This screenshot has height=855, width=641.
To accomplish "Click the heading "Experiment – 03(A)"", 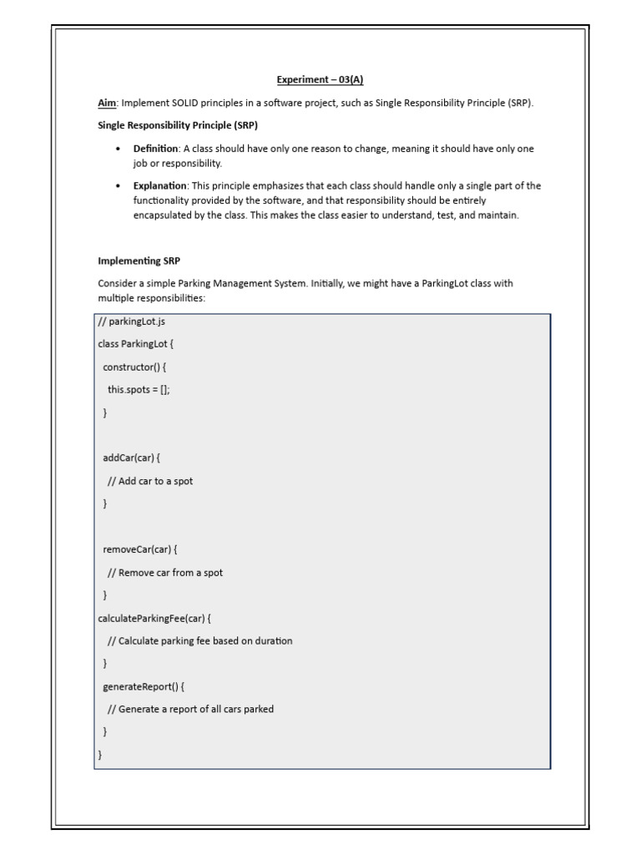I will point(320,80).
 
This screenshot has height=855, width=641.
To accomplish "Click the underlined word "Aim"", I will point(107,103).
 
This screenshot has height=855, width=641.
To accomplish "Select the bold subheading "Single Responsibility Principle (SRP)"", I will point(178,125).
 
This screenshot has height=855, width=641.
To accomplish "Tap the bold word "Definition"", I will point(156,149).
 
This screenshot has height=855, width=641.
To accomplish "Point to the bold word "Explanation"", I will point(160,185).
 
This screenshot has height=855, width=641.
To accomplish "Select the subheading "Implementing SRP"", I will point(139,261).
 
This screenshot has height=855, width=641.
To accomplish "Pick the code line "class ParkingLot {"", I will point(135,343).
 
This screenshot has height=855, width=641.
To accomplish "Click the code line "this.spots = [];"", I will point(139,389).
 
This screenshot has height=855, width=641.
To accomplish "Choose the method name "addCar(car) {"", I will point(131,458).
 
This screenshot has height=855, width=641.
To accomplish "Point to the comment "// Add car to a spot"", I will point(150,481).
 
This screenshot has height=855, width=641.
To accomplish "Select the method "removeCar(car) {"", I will point(140,549).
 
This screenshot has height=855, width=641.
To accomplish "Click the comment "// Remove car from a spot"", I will point(165,573).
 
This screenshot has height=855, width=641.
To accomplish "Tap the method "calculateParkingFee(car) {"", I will point(154,618).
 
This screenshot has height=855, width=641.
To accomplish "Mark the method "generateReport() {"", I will point(144,686).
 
